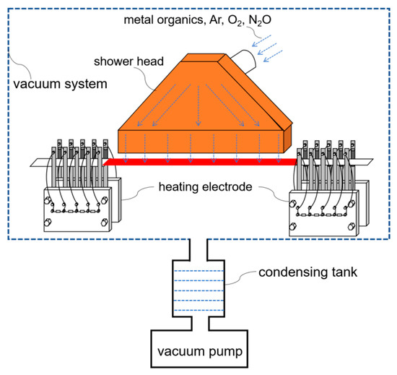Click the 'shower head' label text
click(x=128, y=61)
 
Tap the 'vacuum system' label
click(x=60, y=84)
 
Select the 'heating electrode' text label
click(x=205, y=186)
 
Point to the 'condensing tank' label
click(x=307, y=272)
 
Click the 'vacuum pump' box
click(x=199, y=349)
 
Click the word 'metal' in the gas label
click(x=139, y=20)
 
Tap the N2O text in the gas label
click(x=260, y=20)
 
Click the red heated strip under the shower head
click(x=200, y=162)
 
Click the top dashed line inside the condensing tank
click(x=198, y=271)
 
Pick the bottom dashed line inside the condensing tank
click(x=198, y=310)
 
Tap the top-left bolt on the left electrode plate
click(x=48, y=201)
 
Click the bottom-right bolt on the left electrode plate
click(x=104, y=223)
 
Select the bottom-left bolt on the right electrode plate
click(x=292, y=226)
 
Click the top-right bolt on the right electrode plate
click(x=352, y=204)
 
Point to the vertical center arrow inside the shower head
click(x=198, y=105)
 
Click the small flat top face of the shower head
click(x=203, y=58)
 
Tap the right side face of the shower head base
click(x=287, y=139)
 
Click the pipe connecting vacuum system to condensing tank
click(x=198, y=249)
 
